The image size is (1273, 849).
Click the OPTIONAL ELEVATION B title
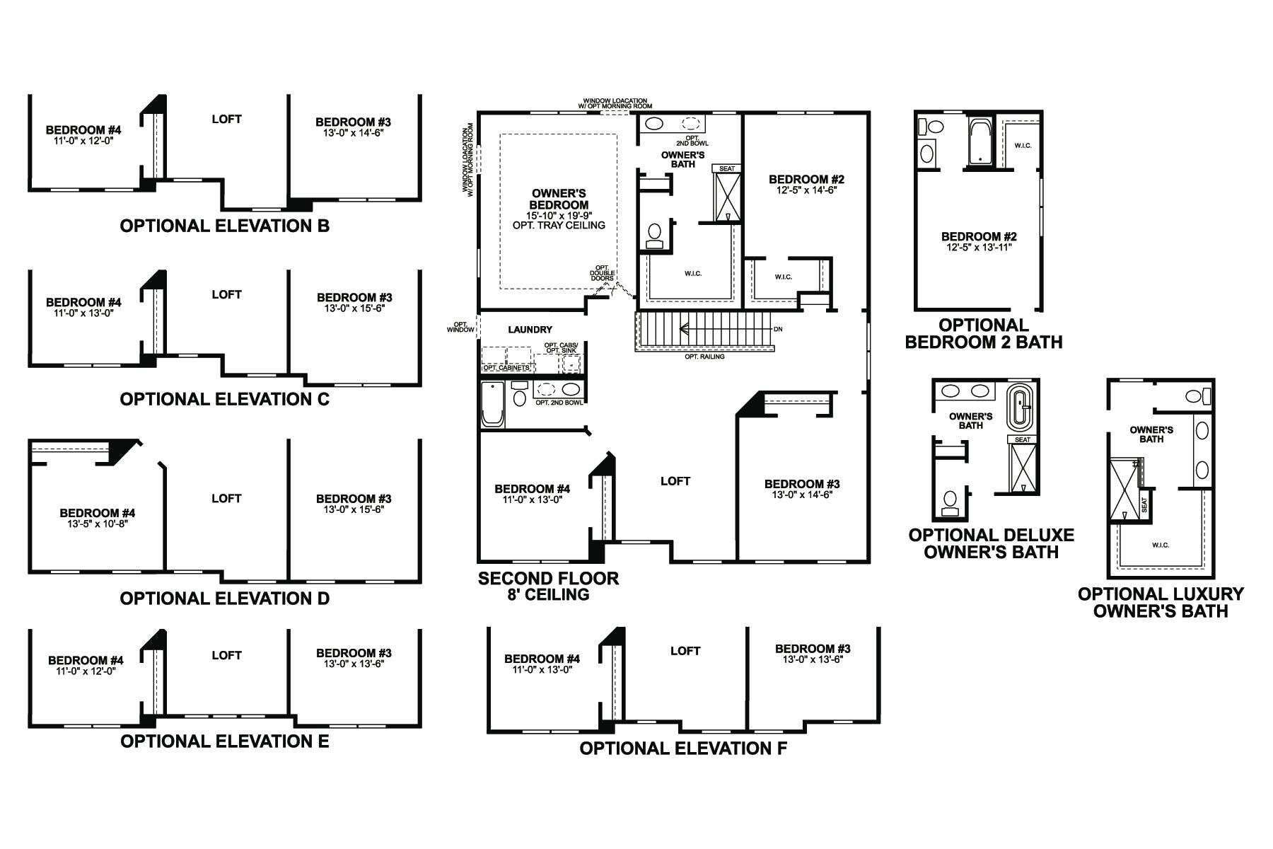click(x=224, y=226)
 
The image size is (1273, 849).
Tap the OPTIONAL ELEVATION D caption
click(x=224, y=599)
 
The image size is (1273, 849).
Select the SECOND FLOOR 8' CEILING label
click(x=548, y=587)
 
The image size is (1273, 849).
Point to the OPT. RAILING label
click(x=704, y=357)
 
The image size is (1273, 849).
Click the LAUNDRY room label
click(x=530, y=330)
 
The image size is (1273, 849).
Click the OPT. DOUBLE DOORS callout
click(x=603, y=273)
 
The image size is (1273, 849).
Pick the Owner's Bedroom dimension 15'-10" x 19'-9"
click(x=559, y=215)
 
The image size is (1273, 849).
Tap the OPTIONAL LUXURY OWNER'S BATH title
click(x=1161, y=603)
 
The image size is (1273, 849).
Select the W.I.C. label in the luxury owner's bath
click(x=1161, y=545)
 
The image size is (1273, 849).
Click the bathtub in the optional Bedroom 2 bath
click(x=980, y=141)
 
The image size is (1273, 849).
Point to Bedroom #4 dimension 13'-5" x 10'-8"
click(x=98, y=524)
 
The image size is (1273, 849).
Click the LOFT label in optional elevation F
click(x=685, y=651)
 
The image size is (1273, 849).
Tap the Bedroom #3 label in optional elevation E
click(x=354, y=653)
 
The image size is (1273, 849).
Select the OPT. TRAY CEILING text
click(x=559, y=225)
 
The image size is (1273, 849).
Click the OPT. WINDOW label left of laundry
click(x=460, y=327)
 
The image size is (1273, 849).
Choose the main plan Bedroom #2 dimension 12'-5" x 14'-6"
click(x=806, y=190)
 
